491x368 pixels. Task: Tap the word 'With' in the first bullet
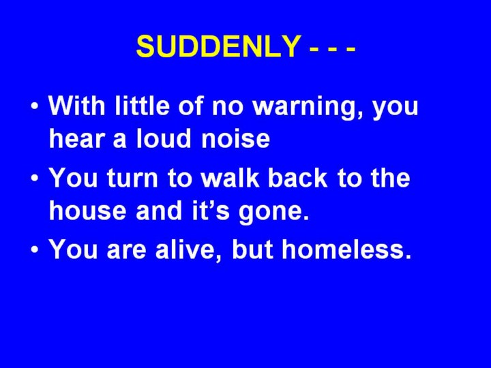pos(77,105)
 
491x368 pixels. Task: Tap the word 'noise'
pos(235,140)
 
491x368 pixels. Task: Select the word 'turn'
pos(132,178)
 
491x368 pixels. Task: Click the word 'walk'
pos(230,177)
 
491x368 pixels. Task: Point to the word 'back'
pos(297,177)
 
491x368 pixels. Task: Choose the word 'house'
pos(88,210)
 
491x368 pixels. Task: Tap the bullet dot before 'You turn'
pos(35,178)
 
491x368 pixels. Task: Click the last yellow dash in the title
pos(351,49)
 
